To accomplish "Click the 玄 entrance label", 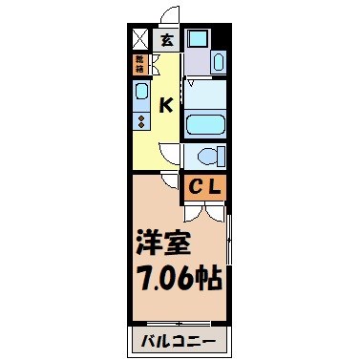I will (167, 41).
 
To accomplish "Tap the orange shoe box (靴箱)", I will (139, 64).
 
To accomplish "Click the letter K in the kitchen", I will (165, 105).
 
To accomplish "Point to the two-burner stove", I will (140, 121).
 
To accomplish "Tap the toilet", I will (204, 155).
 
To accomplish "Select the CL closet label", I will (204, 186).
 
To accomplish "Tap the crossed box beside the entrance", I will (139, 40).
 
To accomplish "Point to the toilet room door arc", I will (173, 153).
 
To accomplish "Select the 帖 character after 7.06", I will (211, 279).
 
